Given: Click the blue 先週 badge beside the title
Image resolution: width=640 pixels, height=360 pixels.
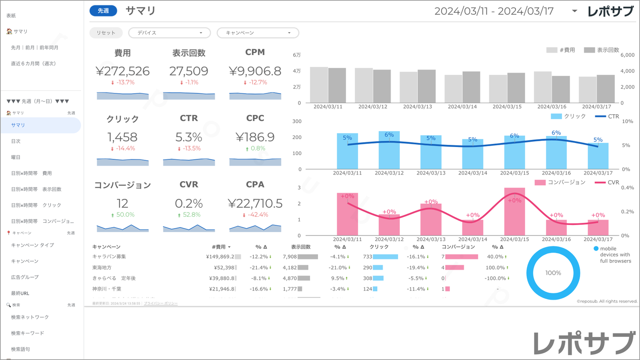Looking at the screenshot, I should [103, 11].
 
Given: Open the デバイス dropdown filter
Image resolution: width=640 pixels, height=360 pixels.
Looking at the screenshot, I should [169, 33].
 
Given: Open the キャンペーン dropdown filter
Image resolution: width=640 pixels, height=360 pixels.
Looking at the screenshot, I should [258, 33].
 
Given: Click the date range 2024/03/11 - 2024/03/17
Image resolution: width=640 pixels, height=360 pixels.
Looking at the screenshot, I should [494, 11].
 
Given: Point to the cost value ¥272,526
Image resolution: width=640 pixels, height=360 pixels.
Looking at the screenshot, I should [123, 71].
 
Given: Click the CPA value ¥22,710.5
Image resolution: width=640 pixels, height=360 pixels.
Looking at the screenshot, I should [255, 203].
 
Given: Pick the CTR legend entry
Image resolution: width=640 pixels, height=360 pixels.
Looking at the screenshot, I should [607, 116].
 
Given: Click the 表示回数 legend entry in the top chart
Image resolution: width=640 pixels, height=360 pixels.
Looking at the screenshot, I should [602, 50].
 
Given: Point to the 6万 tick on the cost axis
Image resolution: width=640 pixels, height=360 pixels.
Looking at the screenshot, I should [297, 55].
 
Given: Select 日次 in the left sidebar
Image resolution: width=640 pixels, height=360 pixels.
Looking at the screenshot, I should [16, 141].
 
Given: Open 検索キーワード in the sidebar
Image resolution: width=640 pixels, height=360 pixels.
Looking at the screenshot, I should [27, 333].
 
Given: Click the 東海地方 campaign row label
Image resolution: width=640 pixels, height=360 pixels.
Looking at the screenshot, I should [102, 267].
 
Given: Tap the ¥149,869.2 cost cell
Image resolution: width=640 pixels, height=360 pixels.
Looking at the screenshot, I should [220, 256].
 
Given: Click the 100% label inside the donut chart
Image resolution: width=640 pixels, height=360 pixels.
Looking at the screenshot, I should [553, 273].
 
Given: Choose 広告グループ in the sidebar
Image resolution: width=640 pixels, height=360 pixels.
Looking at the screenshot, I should [25, 277].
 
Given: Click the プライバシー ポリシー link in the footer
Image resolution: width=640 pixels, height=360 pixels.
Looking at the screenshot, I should [161, 304].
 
